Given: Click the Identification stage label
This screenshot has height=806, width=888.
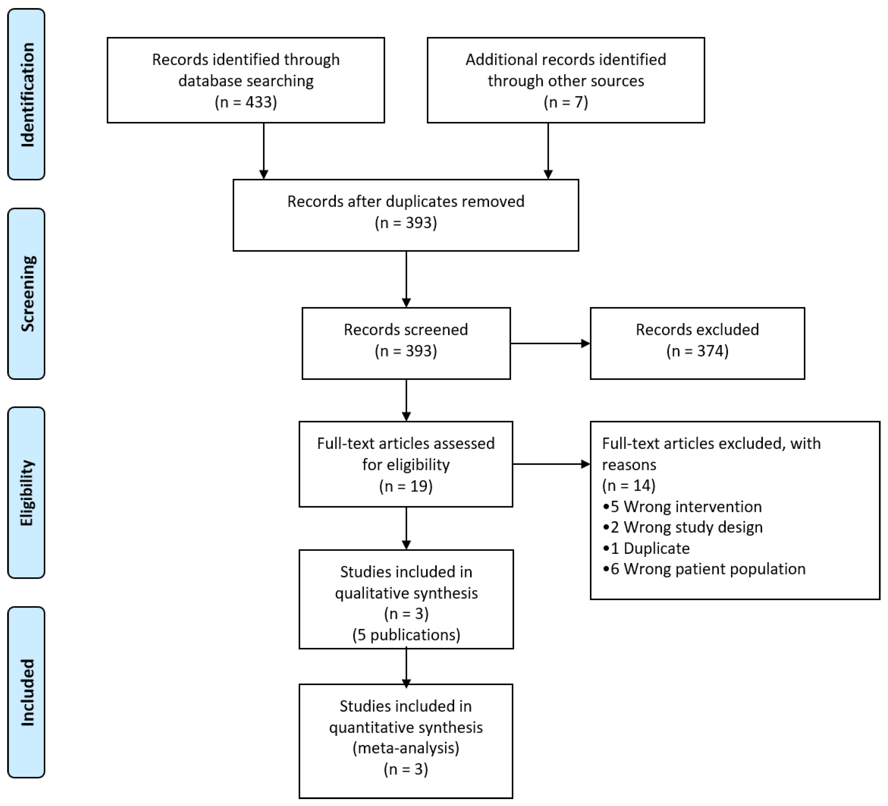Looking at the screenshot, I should coord(26,94).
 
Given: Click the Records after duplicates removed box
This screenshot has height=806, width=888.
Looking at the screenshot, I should coord(406,215).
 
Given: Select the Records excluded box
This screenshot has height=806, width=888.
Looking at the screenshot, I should coord(697,343).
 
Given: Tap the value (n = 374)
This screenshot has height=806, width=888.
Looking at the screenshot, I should coord(697,351).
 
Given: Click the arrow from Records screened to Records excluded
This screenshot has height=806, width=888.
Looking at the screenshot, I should coord(550,343).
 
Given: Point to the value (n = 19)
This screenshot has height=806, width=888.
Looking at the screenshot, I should coord(406,486).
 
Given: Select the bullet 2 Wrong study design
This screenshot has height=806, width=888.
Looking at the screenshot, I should coord(683,527).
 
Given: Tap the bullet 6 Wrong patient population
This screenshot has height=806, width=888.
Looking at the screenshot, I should coord(704,569).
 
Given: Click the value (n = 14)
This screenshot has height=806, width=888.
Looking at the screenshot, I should coord(629,486).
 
